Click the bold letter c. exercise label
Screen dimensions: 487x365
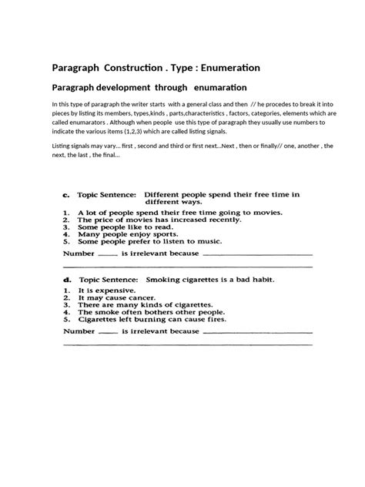[67, 196]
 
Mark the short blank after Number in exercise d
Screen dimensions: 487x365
[108, 333]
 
